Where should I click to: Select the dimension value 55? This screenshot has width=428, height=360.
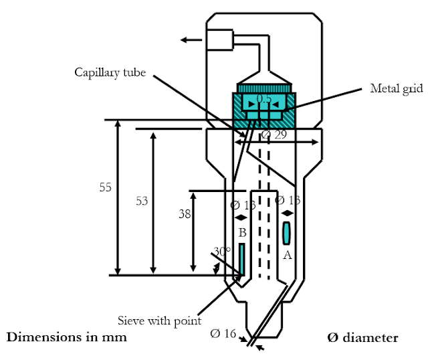(x=105, y=188)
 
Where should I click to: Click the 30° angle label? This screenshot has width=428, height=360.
(x=221, y=252)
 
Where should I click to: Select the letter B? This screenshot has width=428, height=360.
(x=243, y=233)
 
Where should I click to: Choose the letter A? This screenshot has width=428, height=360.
(x=288, y=254)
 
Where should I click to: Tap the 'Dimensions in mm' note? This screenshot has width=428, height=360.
(x=66, y=337)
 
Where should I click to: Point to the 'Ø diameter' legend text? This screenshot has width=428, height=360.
(x=362, y=337)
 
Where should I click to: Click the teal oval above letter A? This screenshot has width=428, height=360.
(x=287, y=233)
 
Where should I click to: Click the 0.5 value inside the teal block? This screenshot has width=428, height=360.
(x=264, y=99)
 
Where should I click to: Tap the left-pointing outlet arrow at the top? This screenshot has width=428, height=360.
(x=191, y=40)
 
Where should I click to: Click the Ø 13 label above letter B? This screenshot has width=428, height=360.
(x=243, y=205)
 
